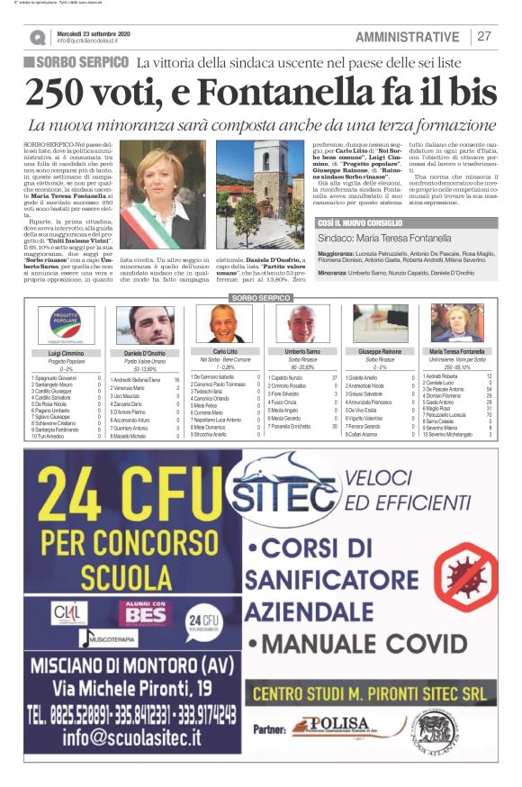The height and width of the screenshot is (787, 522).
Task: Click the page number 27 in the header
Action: tap(484, 37)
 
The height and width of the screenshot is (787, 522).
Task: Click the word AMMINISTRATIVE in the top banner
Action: tap(407, 37)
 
